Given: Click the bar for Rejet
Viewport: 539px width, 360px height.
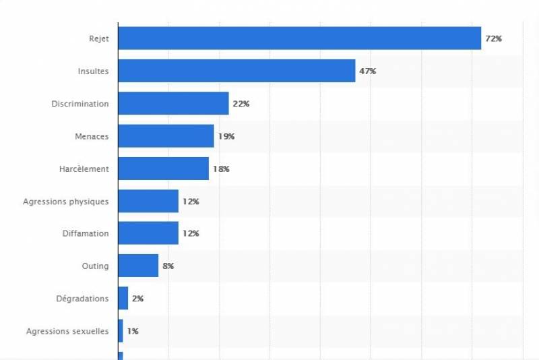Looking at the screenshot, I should [299, 38].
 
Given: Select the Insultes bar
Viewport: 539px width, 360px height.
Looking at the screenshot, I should [236, 71].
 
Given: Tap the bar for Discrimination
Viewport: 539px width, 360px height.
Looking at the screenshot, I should [173, 103].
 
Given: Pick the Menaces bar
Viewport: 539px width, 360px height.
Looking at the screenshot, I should [166, 136].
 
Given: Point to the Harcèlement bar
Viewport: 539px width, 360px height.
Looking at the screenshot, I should [163, 169].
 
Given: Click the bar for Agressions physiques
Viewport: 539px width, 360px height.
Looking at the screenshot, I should [148, 201].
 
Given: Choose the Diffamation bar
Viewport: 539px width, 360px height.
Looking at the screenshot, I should [148, 233].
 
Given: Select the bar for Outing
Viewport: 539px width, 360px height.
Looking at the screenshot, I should [138, 266].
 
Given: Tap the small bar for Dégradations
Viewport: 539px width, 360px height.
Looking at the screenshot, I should [123, 298].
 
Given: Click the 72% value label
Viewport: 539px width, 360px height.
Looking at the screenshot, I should [493, 39].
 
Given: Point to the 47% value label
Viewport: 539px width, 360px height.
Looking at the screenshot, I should [367, 71].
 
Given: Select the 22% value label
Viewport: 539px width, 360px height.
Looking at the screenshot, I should [241, 104].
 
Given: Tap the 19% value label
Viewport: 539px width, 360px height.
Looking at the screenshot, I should [226, 136].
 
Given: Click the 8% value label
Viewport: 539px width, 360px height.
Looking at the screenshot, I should [168, 266].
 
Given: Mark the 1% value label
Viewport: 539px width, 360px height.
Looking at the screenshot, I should [133, 331].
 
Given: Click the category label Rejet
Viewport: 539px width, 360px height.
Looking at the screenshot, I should [98, 39].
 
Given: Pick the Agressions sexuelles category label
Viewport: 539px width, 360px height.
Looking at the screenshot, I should [67, 331].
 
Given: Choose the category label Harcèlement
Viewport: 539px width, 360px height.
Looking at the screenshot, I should [84, 169].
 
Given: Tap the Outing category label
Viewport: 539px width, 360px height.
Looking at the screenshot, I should [95, 266].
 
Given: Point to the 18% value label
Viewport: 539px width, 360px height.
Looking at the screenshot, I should [221, 169].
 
